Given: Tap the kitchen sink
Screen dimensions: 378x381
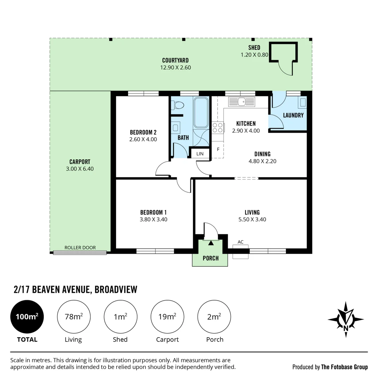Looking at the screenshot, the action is tap(242, 102).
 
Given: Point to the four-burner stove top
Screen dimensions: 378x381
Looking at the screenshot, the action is tap(218, 128).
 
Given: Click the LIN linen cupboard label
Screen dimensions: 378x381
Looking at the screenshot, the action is tap(200, 153).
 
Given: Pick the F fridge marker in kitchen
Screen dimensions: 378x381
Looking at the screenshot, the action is tap(218, 149).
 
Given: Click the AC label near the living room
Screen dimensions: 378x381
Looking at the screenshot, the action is tap(240, 242).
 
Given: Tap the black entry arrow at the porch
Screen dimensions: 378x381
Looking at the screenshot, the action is tap(211, 242).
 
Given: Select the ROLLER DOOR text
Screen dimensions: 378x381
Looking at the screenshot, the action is tap(80, 248).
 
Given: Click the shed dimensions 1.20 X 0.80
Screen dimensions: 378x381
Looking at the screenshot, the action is tap(254, 55).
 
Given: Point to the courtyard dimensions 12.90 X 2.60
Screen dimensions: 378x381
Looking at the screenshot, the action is tap(175, 67).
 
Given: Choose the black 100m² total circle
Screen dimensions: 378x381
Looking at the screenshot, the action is tap(27, 316).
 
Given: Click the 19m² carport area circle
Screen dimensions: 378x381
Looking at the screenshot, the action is tap(167, 316).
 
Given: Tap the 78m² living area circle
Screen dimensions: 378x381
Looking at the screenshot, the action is tap(74, 316).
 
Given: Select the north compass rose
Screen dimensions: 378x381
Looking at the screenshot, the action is tap(346, 319).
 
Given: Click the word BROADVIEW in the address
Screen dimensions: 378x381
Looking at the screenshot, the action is tap(116, 289).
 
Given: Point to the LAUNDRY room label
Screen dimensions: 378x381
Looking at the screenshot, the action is tap(293, 115).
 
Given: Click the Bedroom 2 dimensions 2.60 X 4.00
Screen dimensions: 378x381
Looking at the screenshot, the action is tap(143, 139).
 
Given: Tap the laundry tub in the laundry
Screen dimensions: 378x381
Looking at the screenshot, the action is tap(303, 102).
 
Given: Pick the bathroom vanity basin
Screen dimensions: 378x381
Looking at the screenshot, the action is tap(175, 128).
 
